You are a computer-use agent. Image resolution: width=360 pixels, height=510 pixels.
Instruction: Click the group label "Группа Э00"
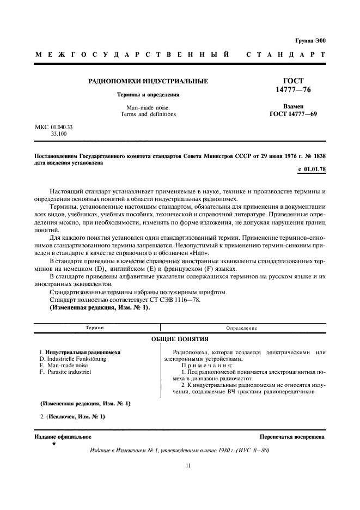point(310,40)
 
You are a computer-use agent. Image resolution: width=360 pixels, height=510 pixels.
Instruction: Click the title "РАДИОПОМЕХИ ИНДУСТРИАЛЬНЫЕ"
point(148,81)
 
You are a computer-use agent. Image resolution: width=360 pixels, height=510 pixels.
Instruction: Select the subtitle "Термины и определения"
point(148,94)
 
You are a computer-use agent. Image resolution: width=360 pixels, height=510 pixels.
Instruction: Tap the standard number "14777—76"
point(293,89)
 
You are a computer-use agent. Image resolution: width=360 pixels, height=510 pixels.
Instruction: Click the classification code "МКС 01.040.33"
point(54,126)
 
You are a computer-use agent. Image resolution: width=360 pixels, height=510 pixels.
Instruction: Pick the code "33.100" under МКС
point(59,133)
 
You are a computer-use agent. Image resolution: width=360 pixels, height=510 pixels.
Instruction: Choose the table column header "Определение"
point(242,328)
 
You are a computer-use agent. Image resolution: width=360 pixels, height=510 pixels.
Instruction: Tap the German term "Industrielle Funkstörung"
point(76,359)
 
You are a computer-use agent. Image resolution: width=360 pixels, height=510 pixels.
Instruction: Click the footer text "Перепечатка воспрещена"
point(292,436)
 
